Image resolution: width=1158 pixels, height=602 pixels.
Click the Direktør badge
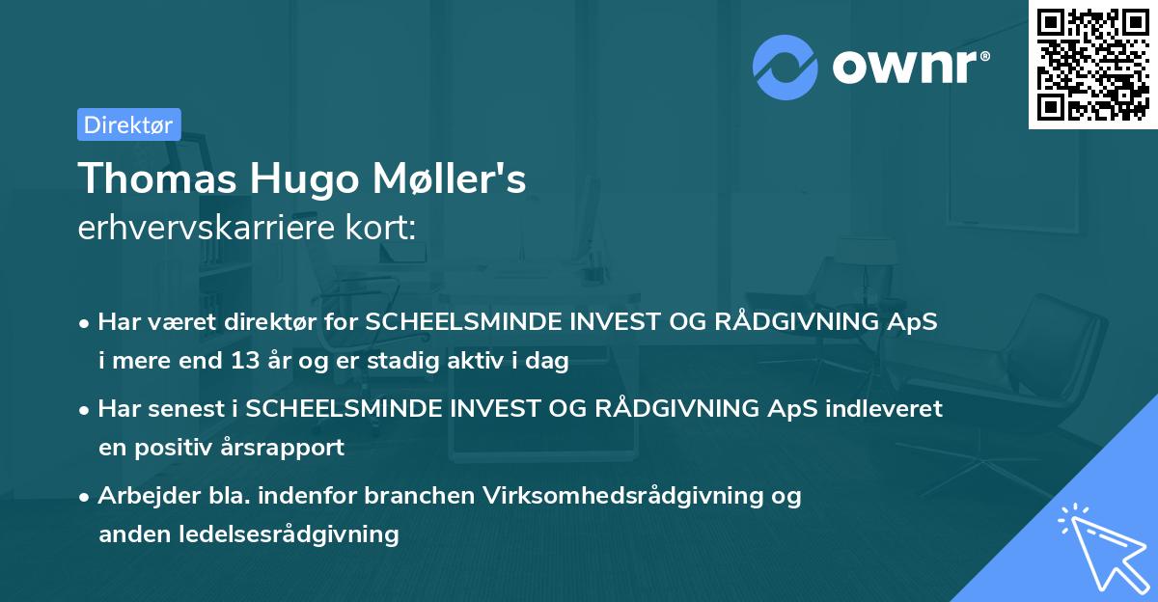coord(128,124)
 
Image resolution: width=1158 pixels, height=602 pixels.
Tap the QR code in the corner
coord(1093,64)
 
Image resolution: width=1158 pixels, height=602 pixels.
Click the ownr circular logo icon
coord(786,67)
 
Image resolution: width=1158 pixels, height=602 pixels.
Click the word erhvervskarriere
coord(203,228)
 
